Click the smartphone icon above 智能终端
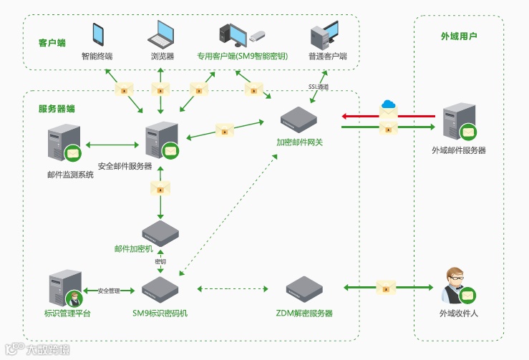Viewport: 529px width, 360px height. pyautogui.click(x=98, y=34)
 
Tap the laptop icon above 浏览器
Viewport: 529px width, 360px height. pyautogui.click(x=162, y=33)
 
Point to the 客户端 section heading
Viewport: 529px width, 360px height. pyautogui.click(x=52, y=43)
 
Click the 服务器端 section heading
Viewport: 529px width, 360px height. pyautogui.click(x=57, y=109)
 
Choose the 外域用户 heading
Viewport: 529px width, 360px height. pyautogui.click(x=459, y=36)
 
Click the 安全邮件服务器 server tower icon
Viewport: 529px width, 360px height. pyautogui.click(x=161, y=140)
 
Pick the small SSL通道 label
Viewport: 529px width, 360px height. pyautogui.click(x=319, y=87)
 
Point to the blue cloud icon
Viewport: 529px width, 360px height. pyautogui.click(x=389, y=104)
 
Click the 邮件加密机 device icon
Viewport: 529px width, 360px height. pyautogui.click(x=160, y=233)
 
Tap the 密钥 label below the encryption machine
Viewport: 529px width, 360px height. pyautogui.click(x=161, y=261)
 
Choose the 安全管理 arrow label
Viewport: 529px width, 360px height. pyautogui.click(x=110, y=291)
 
